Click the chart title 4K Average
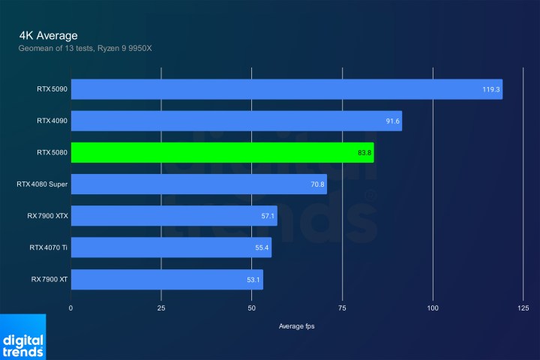click(49, 35)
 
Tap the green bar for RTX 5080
click(222, 152)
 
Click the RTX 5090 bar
click(286, 89)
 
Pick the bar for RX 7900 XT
click(166, 279)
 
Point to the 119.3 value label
click(491, 89)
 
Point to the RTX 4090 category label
click(51, 121)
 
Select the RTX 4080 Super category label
click(41, 184)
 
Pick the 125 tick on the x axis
click(523, 308)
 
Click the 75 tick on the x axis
click(342, 308)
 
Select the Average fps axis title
click(298, 325)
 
